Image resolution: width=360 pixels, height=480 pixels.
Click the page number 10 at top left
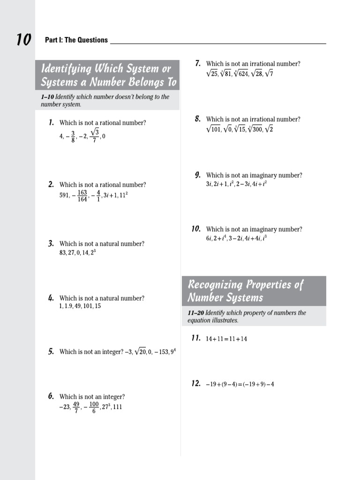tap(23, 40)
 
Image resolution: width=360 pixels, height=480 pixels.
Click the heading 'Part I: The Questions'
tap(76, 40)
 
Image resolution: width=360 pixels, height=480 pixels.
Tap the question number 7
tap(198, 63)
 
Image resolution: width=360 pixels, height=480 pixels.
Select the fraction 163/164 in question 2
tap(82, 196)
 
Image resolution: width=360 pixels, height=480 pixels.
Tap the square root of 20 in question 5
tap(140, 352)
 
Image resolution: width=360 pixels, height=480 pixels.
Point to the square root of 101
tap(213, 129)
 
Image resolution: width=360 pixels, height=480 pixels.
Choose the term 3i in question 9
tap(209, 184)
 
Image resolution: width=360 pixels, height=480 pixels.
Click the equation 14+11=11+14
tap(226, 339)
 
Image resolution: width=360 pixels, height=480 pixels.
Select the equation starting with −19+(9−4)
tap(240, 384)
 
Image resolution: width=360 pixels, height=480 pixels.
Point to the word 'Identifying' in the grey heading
tap(66, 68)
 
